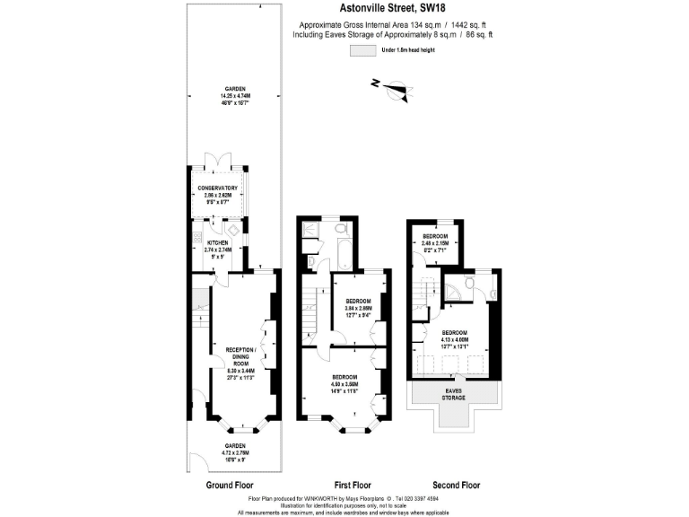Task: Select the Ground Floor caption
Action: [228, 485]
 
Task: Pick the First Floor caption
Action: [344, 485]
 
